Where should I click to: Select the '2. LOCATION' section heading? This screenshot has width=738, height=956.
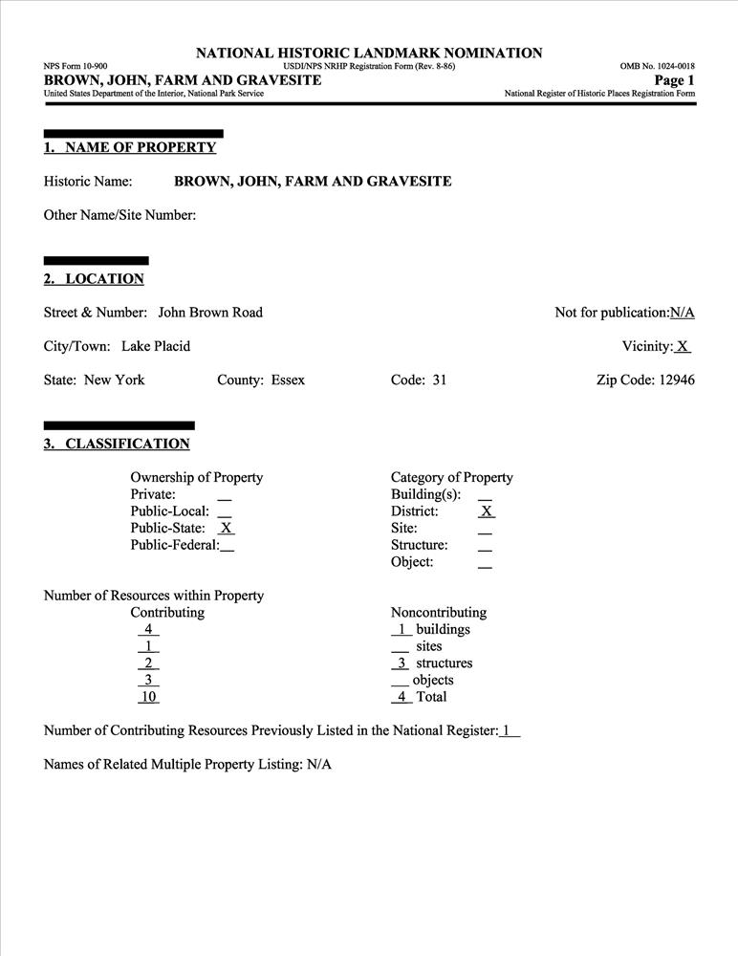click(94, 279)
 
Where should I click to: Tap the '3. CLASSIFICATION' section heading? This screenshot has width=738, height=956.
click(117, 444)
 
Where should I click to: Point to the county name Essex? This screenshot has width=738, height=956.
click(288, 380)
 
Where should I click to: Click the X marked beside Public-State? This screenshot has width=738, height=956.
click(227, 528)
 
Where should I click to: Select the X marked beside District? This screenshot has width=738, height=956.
click(486, 511)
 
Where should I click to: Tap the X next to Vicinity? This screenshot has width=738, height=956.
click(683, 346)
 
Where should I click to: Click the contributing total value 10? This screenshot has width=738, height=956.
click(148, 697)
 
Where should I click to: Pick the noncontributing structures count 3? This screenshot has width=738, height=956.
click(402, 663)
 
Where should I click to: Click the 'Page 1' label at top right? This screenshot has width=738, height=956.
click(674, 80)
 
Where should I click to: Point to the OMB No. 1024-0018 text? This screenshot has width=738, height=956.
click(657, 66)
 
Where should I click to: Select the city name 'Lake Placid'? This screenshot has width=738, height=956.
click(156, 346)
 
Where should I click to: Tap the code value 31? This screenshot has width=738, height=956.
click(439, 380)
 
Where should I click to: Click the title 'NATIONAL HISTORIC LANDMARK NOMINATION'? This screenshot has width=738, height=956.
click(369, 53)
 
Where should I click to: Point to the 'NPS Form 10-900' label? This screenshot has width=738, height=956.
click(76, 66)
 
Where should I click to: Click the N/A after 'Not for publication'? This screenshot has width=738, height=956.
click(682, 313)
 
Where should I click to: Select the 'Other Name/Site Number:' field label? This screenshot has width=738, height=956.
click(119, 215)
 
